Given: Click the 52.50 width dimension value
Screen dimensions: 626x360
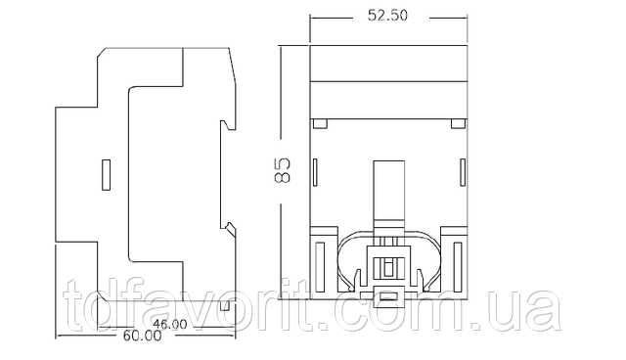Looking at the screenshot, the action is pyautogui.click(x=387, y=16).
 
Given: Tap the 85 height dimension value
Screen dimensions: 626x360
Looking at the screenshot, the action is pyautogui.click(x=283, y=170).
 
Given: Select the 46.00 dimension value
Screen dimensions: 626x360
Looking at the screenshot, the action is pyautogui.click(x=170, y=324).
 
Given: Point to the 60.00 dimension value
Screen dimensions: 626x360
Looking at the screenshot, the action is pyautogui.click(x=143, y=337).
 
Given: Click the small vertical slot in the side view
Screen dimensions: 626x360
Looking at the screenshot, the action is pyautogui.click(x=107, y=175).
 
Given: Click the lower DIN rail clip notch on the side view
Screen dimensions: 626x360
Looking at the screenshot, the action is pyautogui.click(x=229, y=228).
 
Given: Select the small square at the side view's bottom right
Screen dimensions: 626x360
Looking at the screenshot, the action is pyautogui.click(x=225, y=306).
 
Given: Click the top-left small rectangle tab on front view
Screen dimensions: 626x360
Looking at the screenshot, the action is pyautogui.click(x=320, y=123).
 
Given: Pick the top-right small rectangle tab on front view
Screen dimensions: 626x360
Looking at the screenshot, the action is pyautogui.click(x=459, y=123).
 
